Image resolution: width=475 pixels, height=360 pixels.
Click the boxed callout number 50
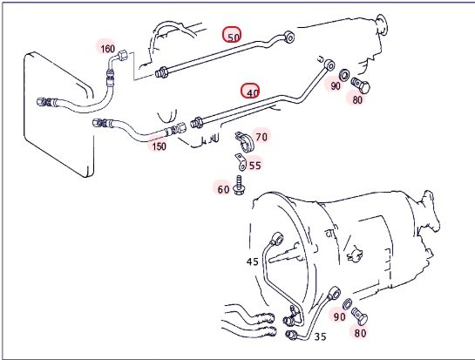233,35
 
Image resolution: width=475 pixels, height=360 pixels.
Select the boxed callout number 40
250,91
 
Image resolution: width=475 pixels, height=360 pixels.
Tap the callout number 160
107,49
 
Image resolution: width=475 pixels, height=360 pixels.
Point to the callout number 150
159,146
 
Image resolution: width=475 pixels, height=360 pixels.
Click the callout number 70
261,137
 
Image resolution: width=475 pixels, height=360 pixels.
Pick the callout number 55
254,166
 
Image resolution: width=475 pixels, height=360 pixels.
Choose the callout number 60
224,190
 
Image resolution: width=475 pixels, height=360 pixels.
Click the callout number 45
253,262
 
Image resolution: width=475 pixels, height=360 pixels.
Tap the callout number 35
320,336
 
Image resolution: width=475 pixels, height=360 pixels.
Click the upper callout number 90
336,86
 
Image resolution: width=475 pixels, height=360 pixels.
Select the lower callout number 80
360,333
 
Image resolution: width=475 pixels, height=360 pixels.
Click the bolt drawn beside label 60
239,186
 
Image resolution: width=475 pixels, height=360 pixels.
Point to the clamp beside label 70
245,142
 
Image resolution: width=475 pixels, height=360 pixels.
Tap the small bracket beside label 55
241,162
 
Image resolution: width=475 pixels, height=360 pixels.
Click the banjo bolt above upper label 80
361,85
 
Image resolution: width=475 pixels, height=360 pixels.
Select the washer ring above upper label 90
344,75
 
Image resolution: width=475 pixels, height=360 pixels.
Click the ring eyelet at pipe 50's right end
289,37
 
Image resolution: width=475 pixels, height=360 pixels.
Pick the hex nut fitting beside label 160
122,56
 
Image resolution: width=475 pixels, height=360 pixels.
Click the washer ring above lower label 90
347,303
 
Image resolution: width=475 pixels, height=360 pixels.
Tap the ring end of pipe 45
278,238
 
